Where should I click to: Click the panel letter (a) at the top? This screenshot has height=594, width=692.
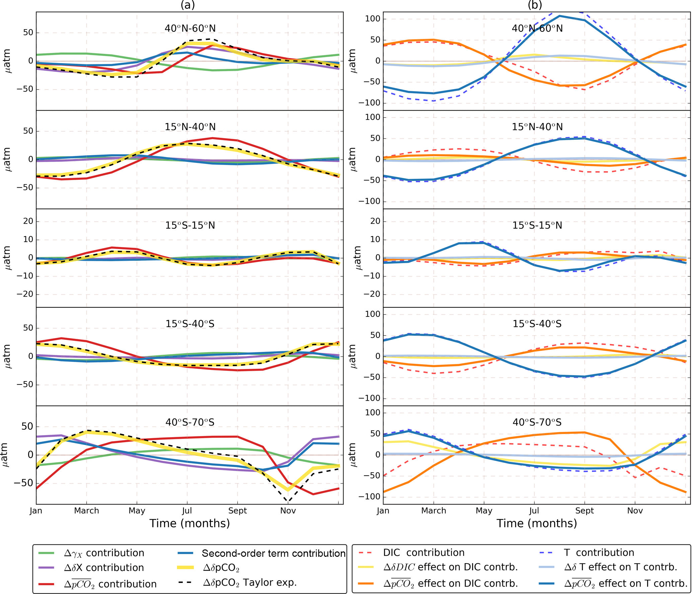(187, 5)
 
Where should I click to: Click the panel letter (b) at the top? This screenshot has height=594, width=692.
(535, 5)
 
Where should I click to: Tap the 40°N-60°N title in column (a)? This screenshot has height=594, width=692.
(190, 28)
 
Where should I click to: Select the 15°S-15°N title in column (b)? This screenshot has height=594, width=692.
(537, 225)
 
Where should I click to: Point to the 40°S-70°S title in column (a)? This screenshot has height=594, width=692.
(190, 422)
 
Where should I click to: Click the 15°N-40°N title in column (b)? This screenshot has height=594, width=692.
(537, 127)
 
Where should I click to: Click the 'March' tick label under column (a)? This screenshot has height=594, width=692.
(86, 511)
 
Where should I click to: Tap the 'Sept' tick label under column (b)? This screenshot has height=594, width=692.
(584, 511)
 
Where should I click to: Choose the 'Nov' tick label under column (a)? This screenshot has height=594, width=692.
(288, 511)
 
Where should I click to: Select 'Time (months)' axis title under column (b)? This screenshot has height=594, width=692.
(537, 523)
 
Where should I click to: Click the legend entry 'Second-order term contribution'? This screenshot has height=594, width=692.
(274, 553)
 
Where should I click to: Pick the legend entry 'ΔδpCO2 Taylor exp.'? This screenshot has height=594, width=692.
(250, 583)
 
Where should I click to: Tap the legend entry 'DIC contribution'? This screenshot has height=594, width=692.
(424, 552)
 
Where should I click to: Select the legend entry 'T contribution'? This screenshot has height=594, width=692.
(599, 552)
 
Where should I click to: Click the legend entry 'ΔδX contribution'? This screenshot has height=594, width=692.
(104, 568)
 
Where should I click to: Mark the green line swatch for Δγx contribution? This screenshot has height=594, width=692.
(46, 553)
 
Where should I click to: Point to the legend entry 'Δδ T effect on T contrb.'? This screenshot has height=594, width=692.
(620, 567)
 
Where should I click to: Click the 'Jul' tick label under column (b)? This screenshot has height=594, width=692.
(534, 511)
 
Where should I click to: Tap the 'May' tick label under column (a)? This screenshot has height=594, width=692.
(137, 511)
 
